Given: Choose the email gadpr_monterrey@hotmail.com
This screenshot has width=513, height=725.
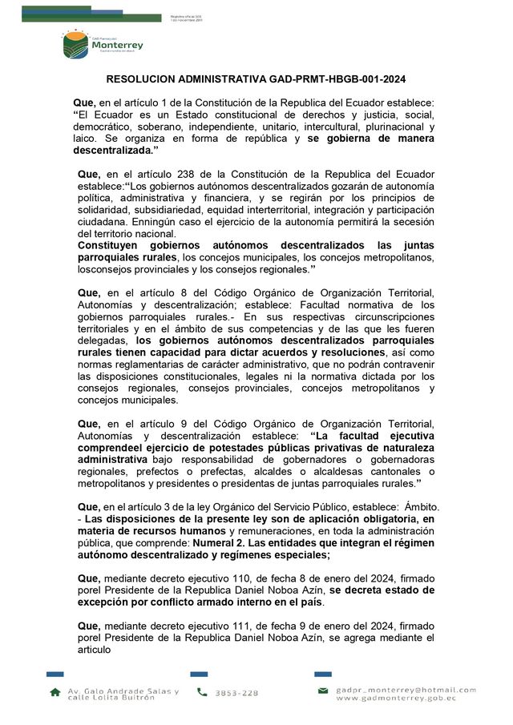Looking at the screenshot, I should [x=406, y=689].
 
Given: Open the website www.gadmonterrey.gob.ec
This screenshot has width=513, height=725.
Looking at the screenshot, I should [x=396, y=698].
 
